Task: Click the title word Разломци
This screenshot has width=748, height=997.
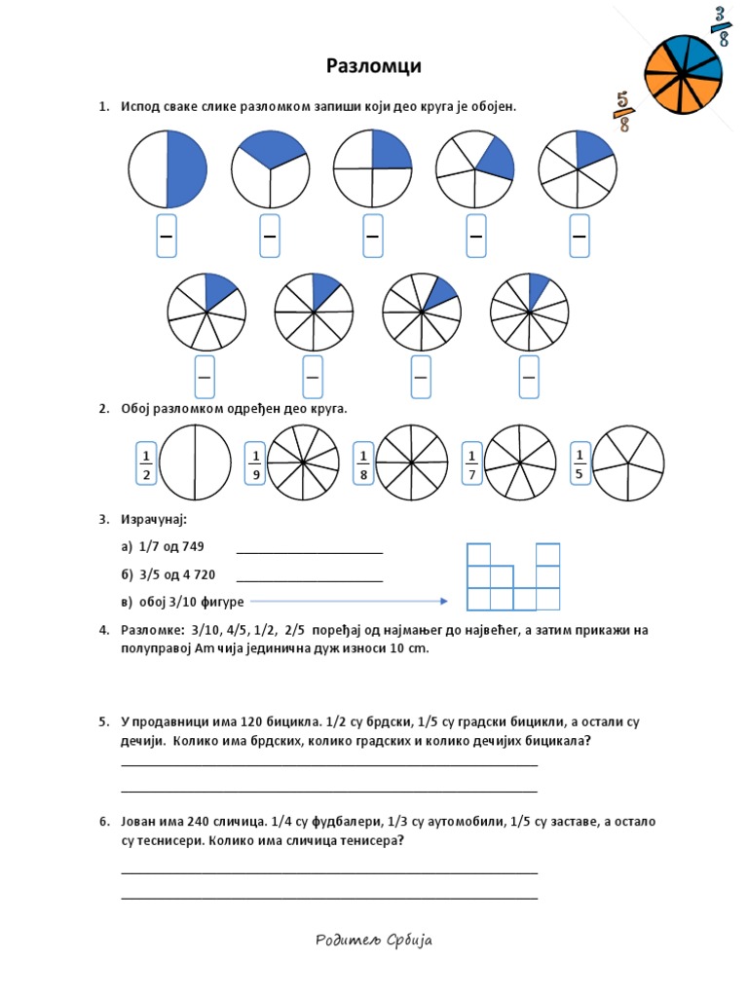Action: (x=374, y=66)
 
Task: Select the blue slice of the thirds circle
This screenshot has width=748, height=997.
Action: (x=271, y=148)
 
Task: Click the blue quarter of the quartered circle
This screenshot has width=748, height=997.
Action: (x=390, y=150)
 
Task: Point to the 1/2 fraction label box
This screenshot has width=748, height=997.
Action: (x=146, y=464)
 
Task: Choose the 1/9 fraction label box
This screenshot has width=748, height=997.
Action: (x=255, y=464)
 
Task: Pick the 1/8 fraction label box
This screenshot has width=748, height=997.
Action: (x=363, y=464)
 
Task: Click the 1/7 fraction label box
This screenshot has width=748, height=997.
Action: (x=471, y=464)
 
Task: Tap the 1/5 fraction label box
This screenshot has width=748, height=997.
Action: (x=580, y=463)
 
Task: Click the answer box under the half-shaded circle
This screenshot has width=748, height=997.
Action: (x=167, y=237)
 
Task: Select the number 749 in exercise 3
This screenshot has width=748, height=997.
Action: (x=191, y=546)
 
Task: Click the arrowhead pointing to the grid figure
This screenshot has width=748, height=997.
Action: (x=443, y=602)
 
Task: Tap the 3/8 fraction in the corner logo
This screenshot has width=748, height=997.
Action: (x=722, y=26)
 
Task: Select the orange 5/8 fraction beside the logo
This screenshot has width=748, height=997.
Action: (x=621, y=111)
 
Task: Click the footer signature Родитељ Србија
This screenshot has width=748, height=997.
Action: (x=374, y=940)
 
